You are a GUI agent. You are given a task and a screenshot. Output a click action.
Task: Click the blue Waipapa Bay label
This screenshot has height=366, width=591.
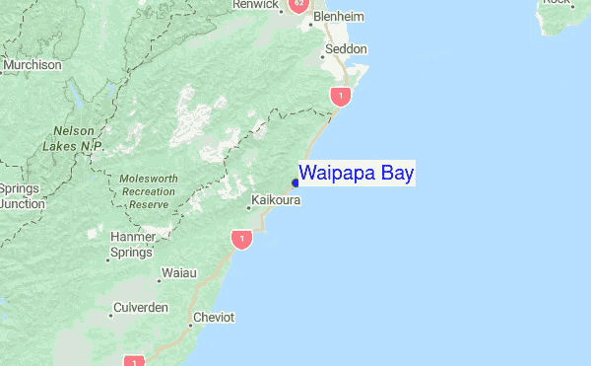coord(357,173)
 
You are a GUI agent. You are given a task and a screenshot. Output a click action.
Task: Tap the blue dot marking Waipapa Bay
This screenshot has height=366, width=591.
coord(295,182)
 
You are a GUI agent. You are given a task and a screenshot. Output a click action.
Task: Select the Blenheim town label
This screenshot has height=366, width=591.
coord(338,18)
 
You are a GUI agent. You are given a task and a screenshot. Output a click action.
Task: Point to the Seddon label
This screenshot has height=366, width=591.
coord(346,48)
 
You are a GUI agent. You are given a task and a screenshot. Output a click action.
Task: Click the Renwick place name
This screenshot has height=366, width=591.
coord(255,5)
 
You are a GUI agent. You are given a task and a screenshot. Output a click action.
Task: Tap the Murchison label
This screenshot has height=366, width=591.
coord(32,65)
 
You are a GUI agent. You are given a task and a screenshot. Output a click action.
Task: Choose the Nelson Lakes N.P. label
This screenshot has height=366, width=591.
coord(73,138)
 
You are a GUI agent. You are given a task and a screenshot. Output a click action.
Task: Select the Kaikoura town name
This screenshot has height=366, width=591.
coord(275,200)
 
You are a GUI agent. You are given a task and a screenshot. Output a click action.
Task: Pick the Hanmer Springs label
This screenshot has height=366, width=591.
coord(132,244)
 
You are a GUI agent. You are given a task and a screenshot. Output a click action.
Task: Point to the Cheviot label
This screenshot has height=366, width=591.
coord(214,318)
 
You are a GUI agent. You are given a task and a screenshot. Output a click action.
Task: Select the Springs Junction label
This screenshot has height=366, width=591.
coord(20,196)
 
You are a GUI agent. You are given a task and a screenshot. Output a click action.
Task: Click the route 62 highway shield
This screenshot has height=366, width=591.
coord(298,5)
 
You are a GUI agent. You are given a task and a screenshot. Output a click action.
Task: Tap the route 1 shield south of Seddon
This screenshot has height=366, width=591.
coord(340,96)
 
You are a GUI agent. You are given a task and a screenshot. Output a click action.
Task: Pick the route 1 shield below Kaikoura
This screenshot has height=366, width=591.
coord(241,239)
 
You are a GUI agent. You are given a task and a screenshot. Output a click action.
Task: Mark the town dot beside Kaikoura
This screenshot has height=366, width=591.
coord(248,208)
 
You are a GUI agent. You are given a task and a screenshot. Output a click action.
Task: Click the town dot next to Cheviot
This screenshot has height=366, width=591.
coord(191,324)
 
